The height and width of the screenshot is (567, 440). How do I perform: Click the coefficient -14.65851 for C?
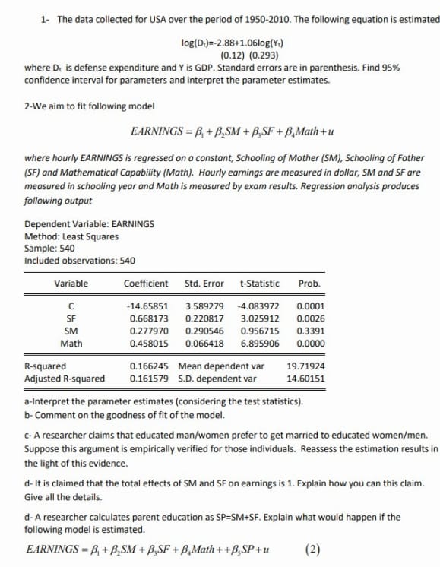click(146, 306)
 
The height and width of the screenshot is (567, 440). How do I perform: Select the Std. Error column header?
click(204, 283)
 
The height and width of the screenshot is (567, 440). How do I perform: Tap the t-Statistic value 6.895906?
click(259, 343)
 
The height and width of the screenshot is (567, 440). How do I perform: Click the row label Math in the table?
click(71, 343)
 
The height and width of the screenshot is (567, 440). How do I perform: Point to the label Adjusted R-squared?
click(65, 378)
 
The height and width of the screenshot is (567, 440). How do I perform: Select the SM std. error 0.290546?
click(204, 331)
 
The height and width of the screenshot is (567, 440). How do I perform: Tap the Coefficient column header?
click(146, 283)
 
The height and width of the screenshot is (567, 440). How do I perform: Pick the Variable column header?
click(71, 283)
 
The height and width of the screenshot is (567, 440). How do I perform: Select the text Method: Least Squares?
click(71, 236)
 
